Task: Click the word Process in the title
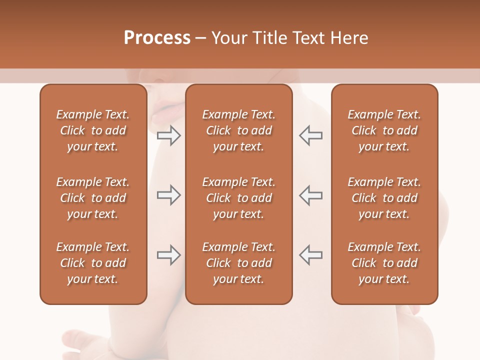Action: (157, 38)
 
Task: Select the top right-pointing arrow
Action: (168, 135)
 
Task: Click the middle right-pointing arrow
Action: (168, 195)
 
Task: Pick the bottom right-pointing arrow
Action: (168, 255)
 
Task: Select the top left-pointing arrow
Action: (310, 135)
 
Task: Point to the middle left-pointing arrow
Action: (310, 195)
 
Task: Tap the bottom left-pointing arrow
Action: (310, 255)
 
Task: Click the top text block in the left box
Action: (93, 130)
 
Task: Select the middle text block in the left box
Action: (93, 198)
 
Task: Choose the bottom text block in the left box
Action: (93, 263)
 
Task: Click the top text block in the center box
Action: (238, 130)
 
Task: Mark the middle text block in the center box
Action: (238, 198)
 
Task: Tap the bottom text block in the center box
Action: (238, 263)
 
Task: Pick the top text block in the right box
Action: (384, 130)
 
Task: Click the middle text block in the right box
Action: (384, 198)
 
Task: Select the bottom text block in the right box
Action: (384, 263)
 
